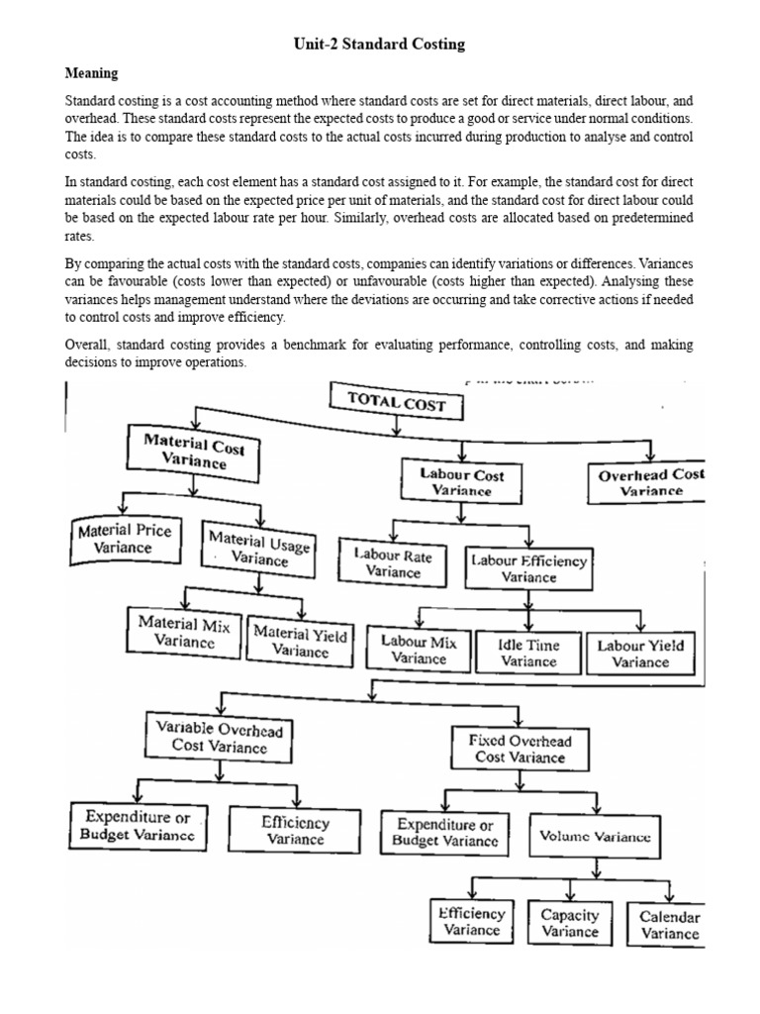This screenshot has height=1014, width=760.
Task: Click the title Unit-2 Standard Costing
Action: coord(379,45)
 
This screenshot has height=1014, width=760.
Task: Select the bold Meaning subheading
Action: coord(91,73)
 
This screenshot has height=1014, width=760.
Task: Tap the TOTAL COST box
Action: coord(396,403)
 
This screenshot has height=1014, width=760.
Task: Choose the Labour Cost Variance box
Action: coord(461,481)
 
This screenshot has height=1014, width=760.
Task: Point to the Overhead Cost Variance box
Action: coord(650,482)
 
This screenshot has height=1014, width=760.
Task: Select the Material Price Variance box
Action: coord(124,539)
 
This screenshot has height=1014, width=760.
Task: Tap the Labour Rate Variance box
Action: coord(393,563)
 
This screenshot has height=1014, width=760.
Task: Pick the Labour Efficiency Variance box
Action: coord(528,568)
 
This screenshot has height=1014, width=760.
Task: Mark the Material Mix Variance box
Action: coord(184,632)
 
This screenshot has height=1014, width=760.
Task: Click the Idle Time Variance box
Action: coord(528,653)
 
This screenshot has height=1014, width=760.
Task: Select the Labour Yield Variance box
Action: coord(640,654)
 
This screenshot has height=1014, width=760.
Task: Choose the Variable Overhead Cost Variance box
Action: coord(219,738)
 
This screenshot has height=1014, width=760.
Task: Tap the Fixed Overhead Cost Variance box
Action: coord(520,749)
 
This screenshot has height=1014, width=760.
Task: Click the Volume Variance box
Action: coord(595,836)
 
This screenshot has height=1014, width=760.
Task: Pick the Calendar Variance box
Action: coord(669,925)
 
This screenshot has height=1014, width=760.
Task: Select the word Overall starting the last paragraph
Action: coord(87,345)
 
